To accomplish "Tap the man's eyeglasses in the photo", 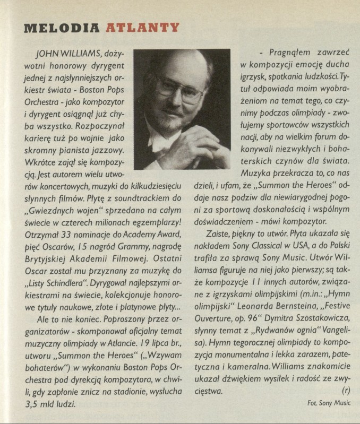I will [x=178, y=88].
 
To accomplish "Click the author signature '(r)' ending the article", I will [x=347, y=391].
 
